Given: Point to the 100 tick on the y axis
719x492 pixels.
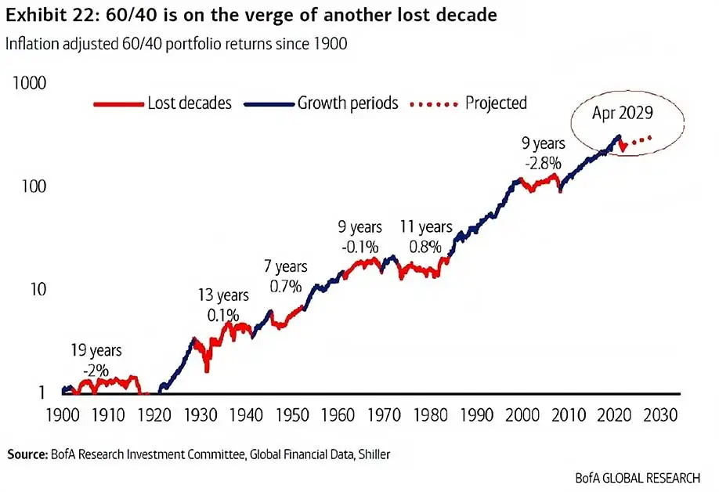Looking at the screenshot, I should [35, 186].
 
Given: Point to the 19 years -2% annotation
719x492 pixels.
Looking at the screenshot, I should [98, 360].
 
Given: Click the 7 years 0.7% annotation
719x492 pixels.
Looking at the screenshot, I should [285, 277].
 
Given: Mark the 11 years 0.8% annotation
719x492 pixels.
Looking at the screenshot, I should [427, 236].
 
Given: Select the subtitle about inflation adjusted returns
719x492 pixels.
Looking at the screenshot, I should [176, 44].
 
